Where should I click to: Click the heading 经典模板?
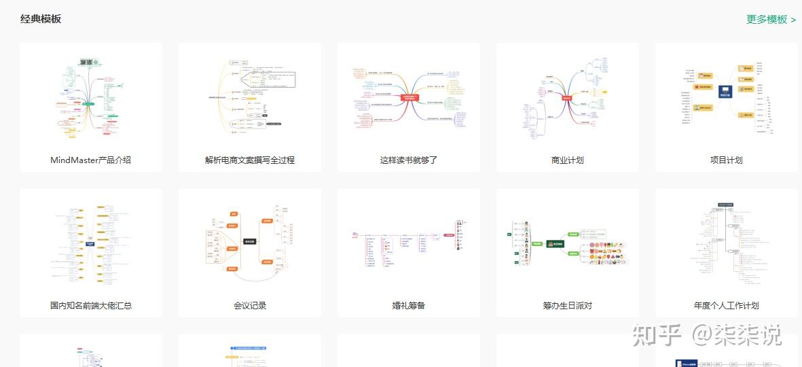41,19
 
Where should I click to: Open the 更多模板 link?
771,19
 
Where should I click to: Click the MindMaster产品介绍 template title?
90,160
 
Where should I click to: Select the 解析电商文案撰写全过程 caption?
250,160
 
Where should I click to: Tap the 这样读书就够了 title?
409,160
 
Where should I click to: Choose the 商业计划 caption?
568,160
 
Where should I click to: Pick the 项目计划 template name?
727,160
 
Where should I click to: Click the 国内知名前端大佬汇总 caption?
91,306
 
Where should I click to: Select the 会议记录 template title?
250,306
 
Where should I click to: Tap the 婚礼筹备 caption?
409,306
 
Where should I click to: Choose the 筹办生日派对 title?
568,306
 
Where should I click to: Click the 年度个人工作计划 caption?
727,306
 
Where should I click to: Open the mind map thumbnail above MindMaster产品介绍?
91,98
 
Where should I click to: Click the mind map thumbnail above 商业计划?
568,98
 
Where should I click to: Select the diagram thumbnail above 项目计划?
727,98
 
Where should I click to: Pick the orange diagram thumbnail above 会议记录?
250,242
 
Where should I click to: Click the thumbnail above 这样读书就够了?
409,98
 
